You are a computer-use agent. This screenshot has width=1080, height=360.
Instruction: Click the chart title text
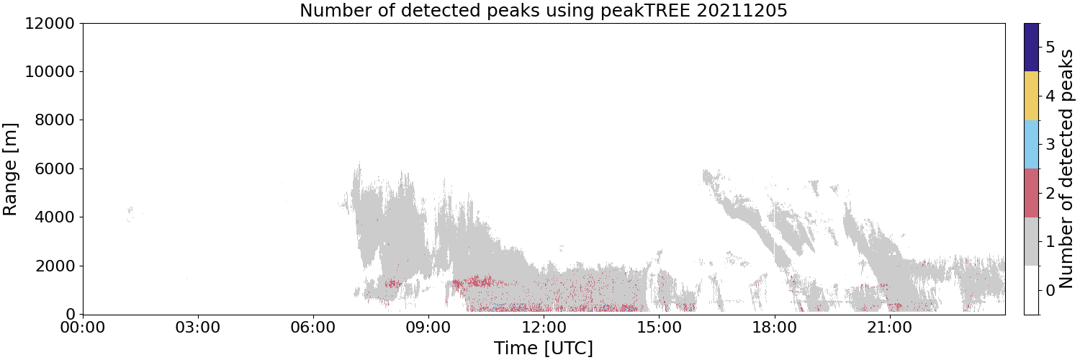pos(544,9)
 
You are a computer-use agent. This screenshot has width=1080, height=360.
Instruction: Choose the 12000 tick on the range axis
pos(50,23)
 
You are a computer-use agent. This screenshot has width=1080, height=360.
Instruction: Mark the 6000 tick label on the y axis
pos(55,168)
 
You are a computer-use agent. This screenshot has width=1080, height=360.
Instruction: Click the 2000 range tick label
pos(55,266)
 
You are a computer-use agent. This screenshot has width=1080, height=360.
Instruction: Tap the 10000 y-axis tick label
pos(50,72)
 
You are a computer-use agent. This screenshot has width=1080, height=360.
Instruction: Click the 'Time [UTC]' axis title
pos(544,348)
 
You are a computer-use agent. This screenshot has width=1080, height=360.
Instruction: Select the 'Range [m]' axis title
pos(10,169)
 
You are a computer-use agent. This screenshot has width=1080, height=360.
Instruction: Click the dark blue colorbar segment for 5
pos(1031,48)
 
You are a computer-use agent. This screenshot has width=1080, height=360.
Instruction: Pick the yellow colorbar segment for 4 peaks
pos(1031,96)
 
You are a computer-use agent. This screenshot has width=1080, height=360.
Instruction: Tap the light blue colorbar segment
pos(1031,145)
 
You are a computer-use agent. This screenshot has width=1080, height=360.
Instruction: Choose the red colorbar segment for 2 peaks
pos(1031,193)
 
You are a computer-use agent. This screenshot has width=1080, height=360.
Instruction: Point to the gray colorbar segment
pos(1031,242)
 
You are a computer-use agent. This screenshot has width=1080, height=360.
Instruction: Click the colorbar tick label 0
pos(1050,291)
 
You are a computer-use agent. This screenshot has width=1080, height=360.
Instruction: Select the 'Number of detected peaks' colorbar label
pos(1068,168)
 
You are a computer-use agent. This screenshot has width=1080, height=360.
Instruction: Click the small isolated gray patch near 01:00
pos(129,214)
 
